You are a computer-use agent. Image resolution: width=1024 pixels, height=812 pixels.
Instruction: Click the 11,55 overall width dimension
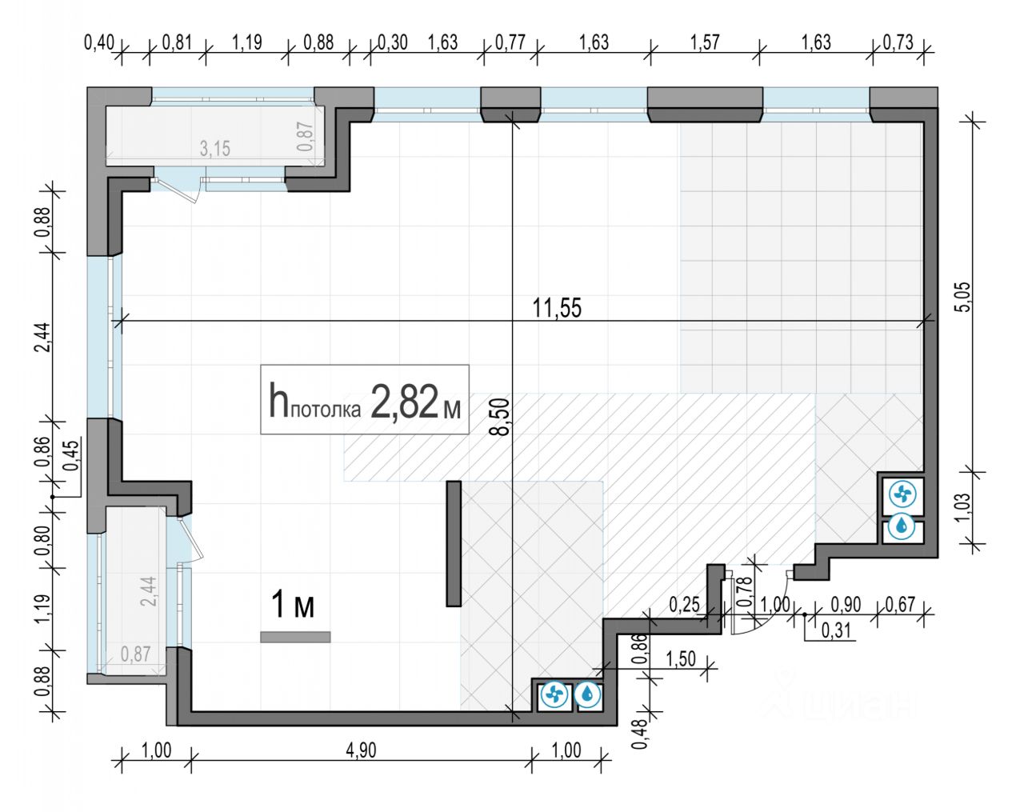coord(557,307)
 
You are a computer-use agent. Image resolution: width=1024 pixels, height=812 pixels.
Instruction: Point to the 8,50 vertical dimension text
coord(502,417)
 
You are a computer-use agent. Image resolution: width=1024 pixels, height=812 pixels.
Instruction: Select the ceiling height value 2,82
coord(405,403)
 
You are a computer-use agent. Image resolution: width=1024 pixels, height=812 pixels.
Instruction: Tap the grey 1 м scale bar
coord(295,637)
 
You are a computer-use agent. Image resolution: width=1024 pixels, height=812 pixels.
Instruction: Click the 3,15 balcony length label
coord(214,148)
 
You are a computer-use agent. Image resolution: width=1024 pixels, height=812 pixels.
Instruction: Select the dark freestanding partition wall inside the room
coord(454,543)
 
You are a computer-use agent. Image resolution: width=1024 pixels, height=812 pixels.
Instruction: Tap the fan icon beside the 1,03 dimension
coord(902,496)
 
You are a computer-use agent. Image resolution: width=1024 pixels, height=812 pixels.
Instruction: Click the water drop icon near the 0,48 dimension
coord(588,694)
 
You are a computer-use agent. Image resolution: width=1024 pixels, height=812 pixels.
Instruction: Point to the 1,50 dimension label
coord(681,659)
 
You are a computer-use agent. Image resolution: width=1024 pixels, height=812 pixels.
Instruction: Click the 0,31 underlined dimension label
coord(837,631)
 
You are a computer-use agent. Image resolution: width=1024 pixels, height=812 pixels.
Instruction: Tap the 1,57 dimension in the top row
coord(705,42)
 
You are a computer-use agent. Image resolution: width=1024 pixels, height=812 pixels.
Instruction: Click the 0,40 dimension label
coord(99,42)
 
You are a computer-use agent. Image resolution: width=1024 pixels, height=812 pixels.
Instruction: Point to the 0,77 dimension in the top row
coord(511,42)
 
